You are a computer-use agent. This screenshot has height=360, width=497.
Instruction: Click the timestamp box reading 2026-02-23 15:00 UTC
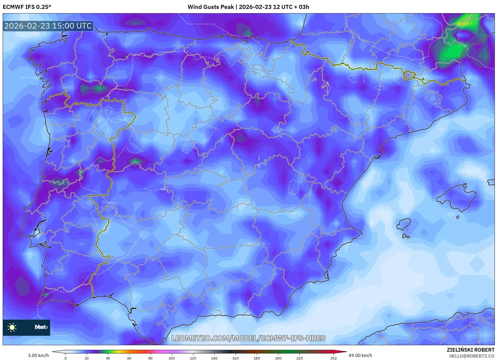point(48,26)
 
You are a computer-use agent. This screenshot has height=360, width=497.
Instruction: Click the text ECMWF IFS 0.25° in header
point(27,7)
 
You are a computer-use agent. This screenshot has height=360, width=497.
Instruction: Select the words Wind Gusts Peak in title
point(211,7)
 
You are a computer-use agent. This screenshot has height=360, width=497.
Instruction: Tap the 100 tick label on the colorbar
point(171,358)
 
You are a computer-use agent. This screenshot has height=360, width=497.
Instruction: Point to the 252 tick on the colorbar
point(333,358)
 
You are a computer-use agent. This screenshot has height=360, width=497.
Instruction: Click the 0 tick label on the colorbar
point(65,358)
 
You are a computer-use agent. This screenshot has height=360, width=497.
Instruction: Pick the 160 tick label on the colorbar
point(235,358)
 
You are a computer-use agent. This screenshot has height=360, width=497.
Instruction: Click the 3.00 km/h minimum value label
point(38,355)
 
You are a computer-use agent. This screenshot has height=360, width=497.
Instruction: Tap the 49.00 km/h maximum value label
point(360,355)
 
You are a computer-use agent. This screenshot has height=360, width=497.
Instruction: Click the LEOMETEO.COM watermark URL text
point(248,338)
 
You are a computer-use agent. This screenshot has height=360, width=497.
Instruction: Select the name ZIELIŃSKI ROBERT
point(470,350)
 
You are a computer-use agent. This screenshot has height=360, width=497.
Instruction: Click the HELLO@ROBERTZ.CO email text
point(471,356)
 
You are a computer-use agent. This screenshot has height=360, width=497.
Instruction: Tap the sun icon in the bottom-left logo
point(12,327)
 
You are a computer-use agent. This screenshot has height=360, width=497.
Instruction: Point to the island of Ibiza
point(404,224)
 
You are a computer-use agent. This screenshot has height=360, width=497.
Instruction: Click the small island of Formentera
point(405,236)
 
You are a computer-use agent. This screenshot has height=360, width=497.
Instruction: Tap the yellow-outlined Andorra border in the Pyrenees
point(409,76)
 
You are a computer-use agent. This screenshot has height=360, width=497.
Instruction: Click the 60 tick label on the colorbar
point(129,358)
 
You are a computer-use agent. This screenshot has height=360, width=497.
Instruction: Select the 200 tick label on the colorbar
point(278,358)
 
